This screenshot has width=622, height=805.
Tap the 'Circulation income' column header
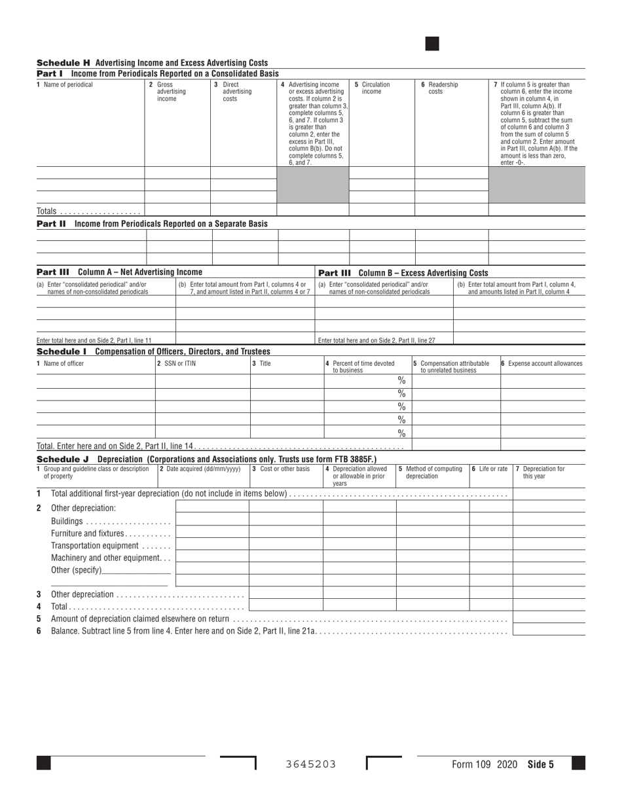372,88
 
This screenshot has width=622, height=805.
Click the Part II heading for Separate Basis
152,224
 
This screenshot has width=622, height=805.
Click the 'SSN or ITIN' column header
177,363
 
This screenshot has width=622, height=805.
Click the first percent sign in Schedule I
401,380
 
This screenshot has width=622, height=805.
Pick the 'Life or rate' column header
490,469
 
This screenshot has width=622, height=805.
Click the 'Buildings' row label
67,522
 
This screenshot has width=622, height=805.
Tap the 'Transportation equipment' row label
95,546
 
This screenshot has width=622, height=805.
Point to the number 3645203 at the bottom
311,764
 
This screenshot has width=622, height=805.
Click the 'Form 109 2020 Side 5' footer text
502,764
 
